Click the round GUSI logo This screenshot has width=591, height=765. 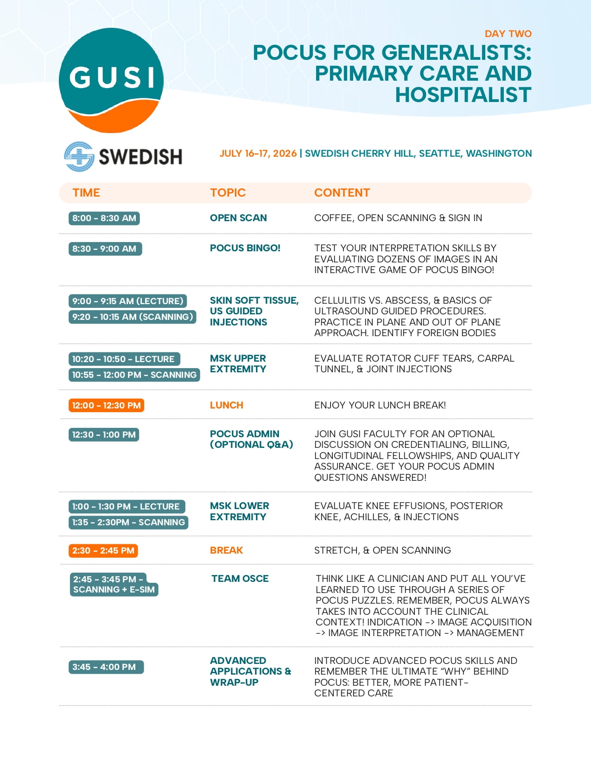[x=111, y=80]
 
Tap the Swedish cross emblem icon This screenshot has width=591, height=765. [x=79, y=157]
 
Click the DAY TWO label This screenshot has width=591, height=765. [x=508, y=34]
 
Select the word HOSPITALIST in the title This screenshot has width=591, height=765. [x=463, y=95]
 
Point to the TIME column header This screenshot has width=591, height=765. [x=86, y=193]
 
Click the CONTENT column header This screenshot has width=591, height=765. [x=342, y=193]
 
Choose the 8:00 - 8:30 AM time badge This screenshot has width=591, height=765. [x=104, y=218]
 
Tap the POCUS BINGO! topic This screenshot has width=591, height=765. [x=245, y=248]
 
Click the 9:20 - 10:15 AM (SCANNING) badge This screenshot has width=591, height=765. [x=133, y=317]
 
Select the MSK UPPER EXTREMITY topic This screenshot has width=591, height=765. [x=238, y=364]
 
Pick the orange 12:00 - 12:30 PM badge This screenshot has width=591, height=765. [x=107, y=406]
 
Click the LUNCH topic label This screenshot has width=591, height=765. [x=227, y=405]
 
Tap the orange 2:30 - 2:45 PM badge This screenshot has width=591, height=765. [x=103, y=551]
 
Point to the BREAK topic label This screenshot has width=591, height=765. [x=227, y=550]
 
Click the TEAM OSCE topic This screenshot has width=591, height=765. [x=240, y=579]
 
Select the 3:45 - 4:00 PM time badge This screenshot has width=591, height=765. [x=106, y=667]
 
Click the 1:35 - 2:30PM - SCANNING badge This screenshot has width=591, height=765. [x=128, y=523]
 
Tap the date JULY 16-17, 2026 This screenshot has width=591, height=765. [x=258, y=153]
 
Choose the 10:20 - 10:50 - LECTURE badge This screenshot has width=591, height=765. [x=124, y=359]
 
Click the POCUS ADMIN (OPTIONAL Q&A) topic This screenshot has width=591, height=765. [x=251, y=440]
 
